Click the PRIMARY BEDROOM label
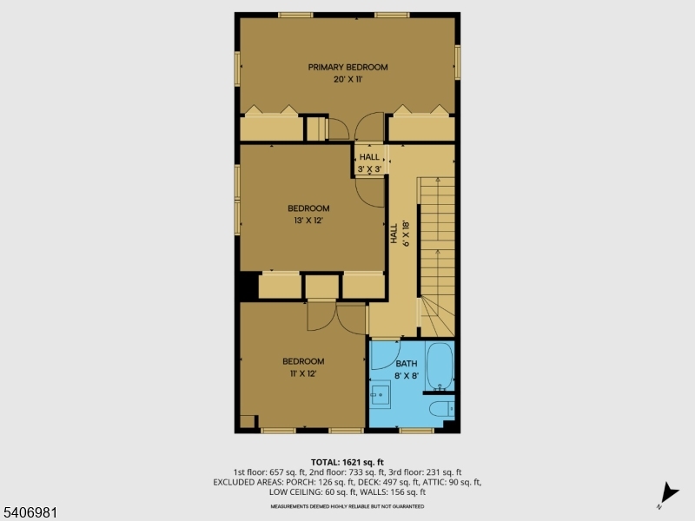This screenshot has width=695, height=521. point(347,67)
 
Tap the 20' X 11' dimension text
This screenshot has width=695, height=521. point(347,79)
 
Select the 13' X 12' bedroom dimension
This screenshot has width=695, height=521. point(308,220)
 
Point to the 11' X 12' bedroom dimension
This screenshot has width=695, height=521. point(302,373)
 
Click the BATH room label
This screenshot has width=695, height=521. point(407,364)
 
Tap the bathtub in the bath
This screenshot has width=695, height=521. point(440,366)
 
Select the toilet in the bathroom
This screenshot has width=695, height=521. point(440,409)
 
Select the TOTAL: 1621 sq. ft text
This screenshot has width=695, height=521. point(347,462)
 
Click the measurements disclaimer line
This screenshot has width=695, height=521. point(347,505)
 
